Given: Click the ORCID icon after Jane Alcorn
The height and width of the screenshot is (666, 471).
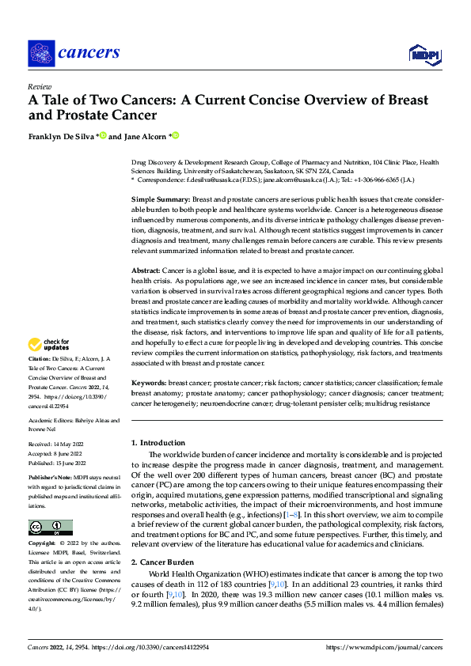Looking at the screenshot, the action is (x=176, y=135).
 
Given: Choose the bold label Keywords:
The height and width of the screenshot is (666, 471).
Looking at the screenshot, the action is (x=153, y=381).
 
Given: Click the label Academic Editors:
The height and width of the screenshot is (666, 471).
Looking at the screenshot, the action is (x=51, y=420).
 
